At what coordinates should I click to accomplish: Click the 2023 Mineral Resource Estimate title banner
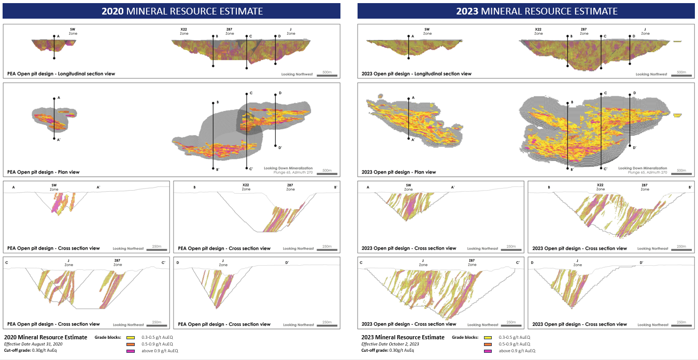(525, 11)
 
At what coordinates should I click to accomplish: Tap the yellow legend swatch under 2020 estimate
(131, 337)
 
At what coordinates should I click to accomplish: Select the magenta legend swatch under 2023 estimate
(488, 351)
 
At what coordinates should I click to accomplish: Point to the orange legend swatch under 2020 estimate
(131, 344)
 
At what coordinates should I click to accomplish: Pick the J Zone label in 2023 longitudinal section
(645, 31)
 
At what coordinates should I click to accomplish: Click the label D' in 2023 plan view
(634, 148)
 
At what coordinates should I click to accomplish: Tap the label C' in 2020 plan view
(250, 169)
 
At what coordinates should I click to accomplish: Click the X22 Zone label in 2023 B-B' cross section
(600, 187)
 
